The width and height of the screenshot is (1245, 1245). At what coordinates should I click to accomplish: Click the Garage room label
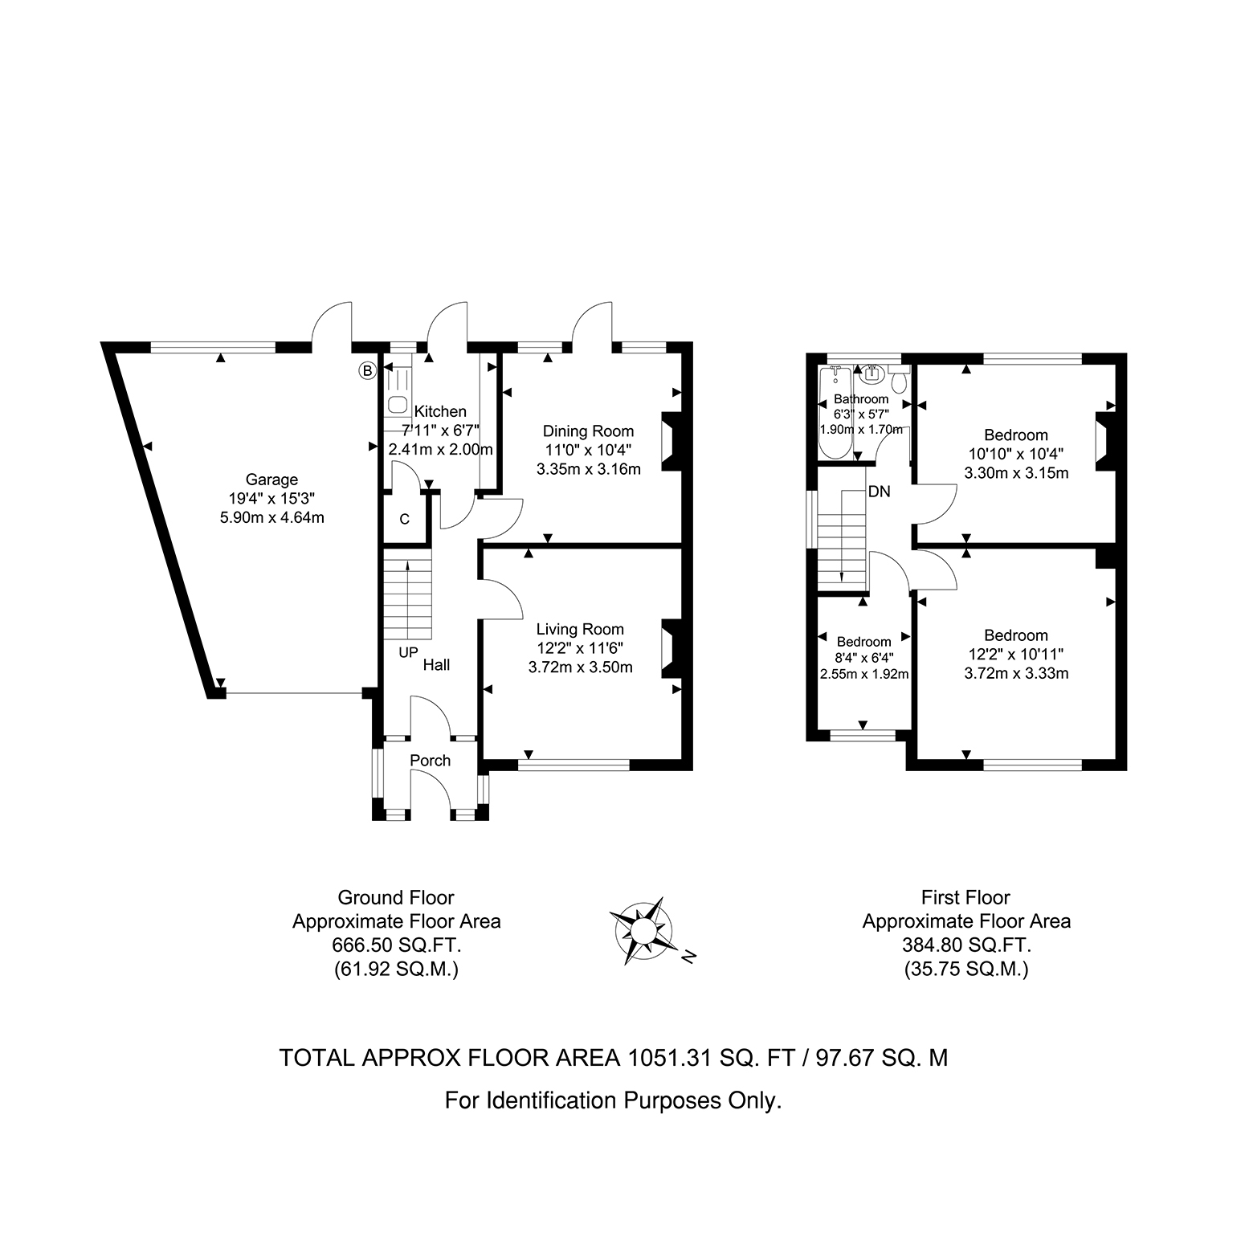coord(272,480)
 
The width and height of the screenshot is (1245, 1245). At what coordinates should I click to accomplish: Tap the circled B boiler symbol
coord(367,370)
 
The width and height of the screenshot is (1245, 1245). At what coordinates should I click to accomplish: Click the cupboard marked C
coord(405,520)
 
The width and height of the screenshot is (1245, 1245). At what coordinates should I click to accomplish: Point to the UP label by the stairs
coord(408,653)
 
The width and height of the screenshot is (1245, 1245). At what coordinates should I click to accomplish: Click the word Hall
coord(436,665)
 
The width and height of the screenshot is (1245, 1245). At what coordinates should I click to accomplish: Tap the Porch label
coord(431,761)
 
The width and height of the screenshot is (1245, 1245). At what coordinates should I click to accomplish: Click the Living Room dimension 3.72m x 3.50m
coord(581,667)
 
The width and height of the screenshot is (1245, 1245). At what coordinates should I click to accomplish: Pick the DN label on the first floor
coord(879,492)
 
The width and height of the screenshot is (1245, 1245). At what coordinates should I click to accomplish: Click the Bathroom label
coord(861,399)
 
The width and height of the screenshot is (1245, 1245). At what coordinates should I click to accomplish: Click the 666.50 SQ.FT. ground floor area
coord(397,945)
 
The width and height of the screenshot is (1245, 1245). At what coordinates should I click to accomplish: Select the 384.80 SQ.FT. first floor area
coord(966,945)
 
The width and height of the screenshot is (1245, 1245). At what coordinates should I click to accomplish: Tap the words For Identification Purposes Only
coord(614,1100)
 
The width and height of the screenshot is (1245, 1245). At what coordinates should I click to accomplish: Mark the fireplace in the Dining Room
coord(668,440)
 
